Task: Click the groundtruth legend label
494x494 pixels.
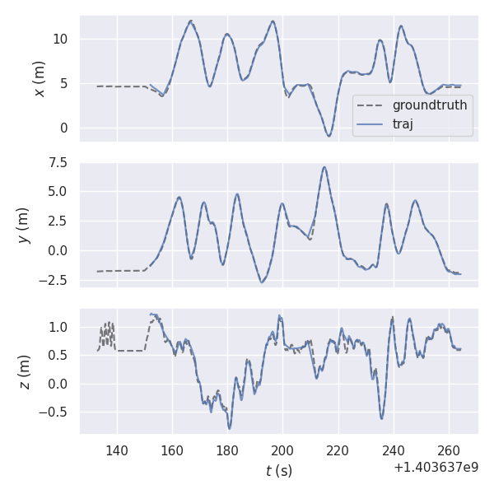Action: [430, 105]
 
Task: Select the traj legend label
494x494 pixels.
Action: [403, 124]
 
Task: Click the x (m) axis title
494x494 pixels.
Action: [39, 78]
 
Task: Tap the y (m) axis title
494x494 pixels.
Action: [24, 225]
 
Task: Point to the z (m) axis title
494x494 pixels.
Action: [24, 371]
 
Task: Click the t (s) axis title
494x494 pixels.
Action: [278, 471]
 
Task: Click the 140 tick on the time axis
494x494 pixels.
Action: [117, 450]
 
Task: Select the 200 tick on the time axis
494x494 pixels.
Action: [282, 450]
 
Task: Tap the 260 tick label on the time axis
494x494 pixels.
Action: [449, 450]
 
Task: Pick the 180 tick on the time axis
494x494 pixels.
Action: [227, 450]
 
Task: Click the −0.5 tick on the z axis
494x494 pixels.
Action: [56, 413]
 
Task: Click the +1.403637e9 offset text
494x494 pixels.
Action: [436, 467]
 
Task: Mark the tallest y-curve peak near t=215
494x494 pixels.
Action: [324, 167]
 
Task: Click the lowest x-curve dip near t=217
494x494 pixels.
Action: [329, 136]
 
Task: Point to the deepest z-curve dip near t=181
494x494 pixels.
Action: [230, 428]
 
